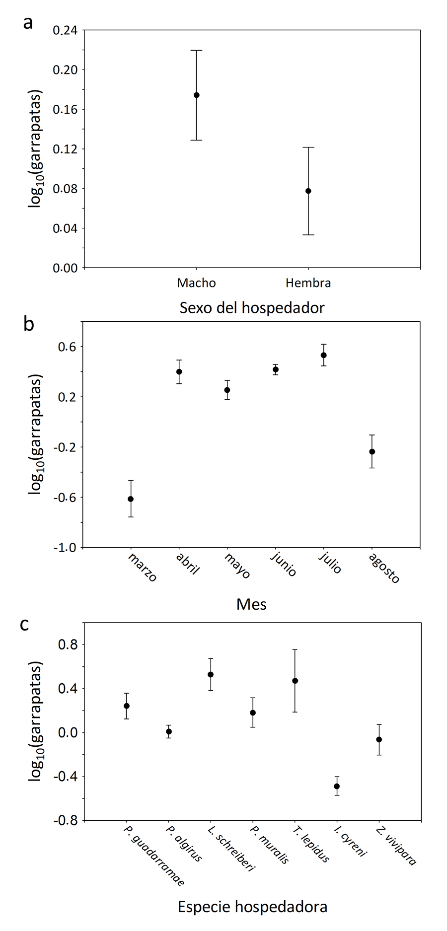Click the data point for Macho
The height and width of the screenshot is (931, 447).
pos(197,95)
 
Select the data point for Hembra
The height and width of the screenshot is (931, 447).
pos(308,191)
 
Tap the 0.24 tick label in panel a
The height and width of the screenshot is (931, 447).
pos(66,30)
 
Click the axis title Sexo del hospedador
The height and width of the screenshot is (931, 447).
pos(252,308)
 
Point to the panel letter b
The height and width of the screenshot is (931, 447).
pos(29,323)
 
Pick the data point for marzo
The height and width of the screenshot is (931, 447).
pos(131,499)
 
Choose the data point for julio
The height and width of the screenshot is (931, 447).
pos(324,355)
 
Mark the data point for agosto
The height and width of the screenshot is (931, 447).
pos(372,451)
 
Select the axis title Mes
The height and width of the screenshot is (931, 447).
pos(251,604)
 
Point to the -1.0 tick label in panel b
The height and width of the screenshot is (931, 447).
pos(66,548)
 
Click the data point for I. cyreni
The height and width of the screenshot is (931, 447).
pos(337,786)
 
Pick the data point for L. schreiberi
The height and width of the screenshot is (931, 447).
pos(211,674)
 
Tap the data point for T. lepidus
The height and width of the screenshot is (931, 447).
pos(295,681)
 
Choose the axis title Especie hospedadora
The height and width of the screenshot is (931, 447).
pos(252,907)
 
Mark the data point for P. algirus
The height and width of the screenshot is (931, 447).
pos(169,731)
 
